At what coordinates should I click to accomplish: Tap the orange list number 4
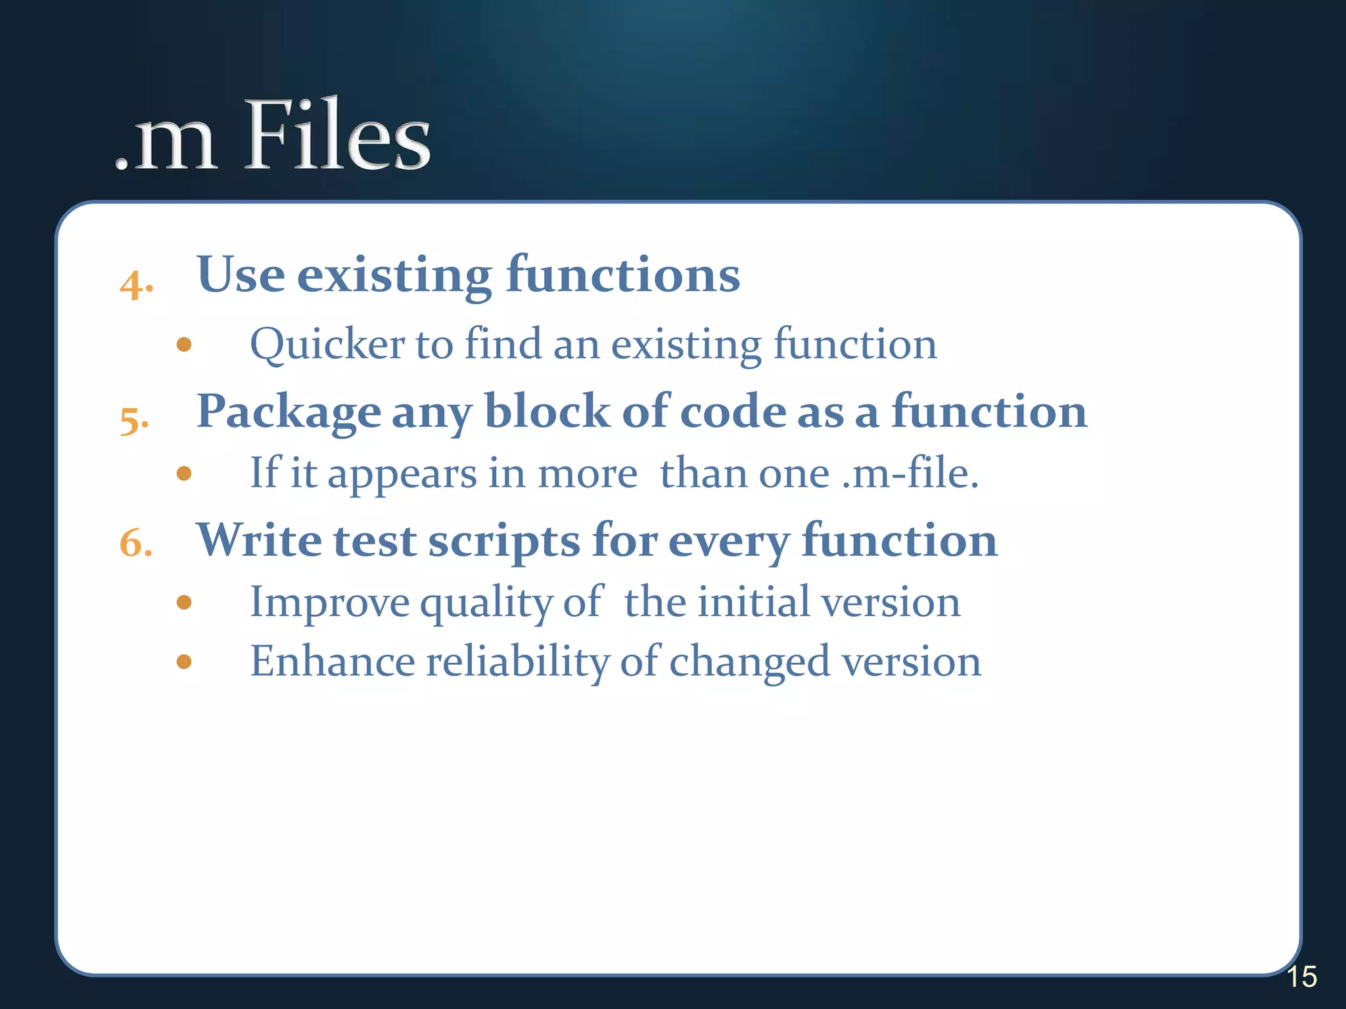[136, 286]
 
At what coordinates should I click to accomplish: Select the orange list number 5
[134, 421]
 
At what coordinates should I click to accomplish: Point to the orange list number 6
[135, 544]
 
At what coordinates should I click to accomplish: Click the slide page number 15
[1301, 977]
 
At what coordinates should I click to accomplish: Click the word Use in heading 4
[241, 275]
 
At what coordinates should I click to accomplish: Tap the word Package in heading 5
[289, 413]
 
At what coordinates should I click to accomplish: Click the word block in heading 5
[547, 412]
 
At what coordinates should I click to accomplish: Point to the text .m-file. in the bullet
[910, 474]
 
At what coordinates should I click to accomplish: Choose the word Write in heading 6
[259, 541]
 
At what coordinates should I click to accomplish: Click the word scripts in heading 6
[504, 543]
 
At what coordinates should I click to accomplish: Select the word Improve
[330, 603]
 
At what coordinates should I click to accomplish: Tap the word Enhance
[332, 661]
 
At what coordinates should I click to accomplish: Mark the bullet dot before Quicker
[184, 344]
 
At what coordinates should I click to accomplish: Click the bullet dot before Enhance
[184, 661]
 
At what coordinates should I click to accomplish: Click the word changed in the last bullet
[749, 662]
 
